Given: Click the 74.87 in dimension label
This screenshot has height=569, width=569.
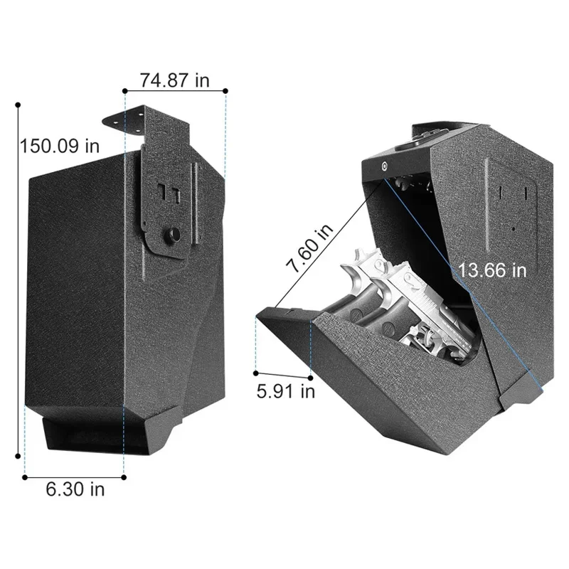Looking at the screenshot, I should [174, 80].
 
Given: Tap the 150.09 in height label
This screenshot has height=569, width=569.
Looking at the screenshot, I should [60, 146].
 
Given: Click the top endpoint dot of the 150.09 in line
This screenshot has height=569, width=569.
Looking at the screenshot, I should [18, 105].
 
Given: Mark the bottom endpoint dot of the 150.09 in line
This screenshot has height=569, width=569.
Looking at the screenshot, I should [18, 456].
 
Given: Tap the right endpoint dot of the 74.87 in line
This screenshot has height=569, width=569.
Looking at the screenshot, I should [225, 90].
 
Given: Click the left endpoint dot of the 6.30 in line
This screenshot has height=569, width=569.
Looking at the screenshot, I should [25, 477].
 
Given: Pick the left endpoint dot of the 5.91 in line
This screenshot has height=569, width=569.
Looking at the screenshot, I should [256, 371].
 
